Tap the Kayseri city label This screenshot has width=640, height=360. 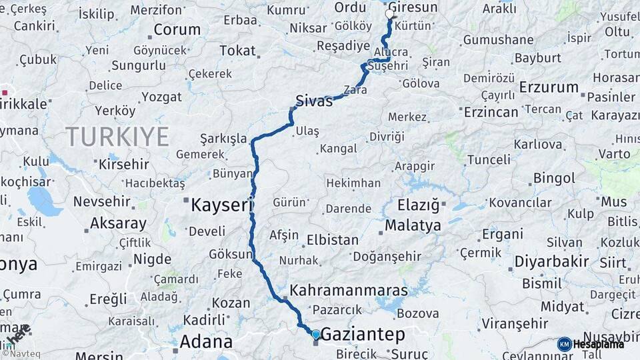[221, 205]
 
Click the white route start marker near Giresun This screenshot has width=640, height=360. [390, 14]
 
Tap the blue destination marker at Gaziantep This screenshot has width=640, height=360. [316, 334]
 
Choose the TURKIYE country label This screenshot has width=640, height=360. [117, 137]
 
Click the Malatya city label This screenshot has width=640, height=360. [413, 225]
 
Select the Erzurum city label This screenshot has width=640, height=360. [549, 87]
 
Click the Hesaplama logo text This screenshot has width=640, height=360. [598, 344]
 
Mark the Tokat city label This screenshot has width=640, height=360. [237, 51]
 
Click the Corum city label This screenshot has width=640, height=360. [177, 29]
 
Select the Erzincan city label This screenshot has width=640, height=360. [491, 111]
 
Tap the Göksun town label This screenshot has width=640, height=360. [231, 254]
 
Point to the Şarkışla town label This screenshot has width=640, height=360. [223, 139]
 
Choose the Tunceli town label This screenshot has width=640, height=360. [489, 160]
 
